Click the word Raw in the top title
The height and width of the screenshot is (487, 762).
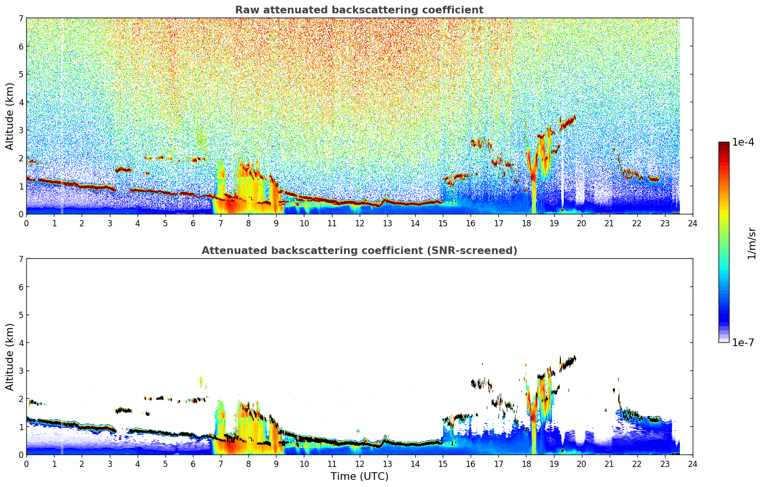pos(247,10)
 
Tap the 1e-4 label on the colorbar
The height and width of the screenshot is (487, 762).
pos(743,142)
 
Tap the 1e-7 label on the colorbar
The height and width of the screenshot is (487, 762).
pos(743,342)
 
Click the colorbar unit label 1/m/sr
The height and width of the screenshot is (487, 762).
pos(751,243)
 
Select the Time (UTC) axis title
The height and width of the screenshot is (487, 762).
pos(360,476)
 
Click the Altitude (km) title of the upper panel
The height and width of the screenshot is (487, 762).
pos(10,116)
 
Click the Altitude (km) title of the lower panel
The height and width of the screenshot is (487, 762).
pos(10,357)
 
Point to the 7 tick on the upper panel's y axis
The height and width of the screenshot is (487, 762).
pos(21,18)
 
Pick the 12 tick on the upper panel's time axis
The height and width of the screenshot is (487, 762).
pos(360,223)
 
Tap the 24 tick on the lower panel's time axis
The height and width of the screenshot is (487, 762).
pos(693,464)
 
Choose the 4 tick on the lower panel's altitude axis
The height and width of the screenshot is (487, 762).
pos(21,343)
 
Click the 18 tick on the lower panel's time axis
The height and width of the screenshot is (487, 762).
pos(526,464)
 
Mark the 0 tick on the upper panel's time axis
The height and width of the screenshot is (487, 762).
pos(27,223)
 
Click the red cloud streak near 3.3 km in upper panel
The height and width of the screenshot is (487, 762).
pos(568,122)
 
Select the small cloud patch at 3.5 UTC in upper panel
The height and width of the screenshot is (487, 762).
pos(123,169)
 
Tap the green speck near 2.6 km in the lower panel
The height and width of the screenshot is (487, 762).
pos(202,381)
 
